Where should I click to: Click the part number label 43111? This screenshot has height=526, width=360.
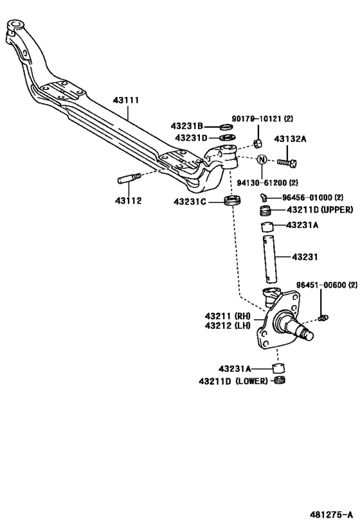[126, 100]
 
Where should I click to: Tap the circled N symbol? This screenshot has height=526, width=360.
[262, 159]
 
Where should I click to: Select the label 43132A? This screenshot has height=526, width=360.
[290, 139]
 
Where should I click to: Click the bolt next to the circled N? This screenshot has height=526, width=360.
[287, 163]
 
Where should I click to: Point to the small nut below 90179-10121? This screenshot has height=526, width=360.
[258, 143]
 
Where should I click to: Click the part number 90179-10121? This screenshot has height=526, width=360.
[256, 118]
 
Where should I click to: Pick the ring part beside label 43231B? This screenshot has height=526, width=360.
[227, 127]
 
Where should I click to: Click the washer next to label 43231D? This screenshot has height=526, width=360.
[227, 137]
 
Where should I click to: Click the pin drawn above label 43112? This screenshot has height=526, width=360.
[129, 178]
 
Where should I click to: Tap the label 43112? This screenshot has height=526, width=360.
[129, 200]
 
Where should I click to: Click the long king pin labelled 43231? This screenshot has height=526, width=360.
[269, 259]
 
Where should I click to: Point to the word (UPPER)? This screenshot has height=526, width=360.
[337, 209]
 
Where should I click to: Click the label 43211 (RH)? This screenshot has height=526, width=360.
[228, 316]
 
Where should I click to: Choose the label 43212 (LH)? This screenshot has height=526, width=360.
[228, 326]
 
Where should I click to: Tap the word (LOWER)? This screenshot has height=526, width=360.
[252, 381]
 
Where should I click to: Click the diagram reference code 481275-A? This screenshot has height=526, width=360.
[331, 514]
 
